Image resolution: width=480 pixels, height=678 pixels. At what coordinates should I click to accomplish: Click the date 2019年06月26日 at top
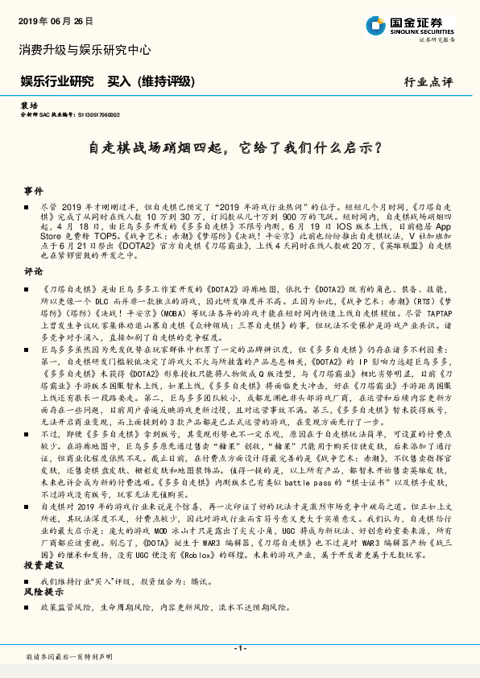[x=55, y=20]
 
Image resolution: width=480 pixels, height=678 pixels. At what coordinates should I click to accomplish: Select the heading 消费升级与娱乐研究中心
[x=85, y=50]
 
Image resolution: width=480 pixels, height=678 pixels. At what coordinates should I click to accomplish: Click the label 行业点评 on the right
[x=428, y=82]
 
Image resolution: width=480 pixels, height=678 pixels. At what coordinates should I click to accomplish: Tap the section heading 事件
[x=33, y=191]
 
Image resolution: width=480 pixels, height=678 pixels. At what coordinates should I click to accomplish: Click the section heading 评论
[x=33, y=271]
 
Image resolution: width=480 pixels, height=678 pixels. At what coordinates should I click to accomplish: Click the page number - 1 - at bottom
[x=239, y=648]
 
